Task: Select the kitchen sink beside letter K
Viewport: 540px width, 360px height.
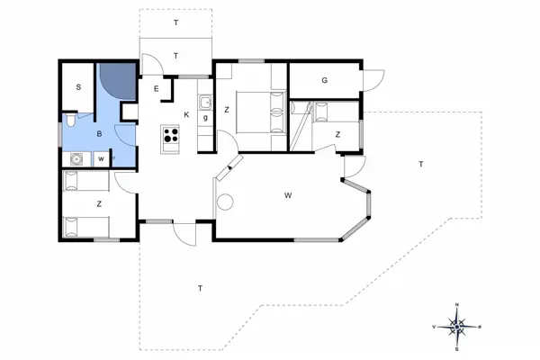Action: click(205, 101)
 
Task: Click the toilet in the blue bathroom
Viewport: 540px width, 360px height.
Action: click(70, 120)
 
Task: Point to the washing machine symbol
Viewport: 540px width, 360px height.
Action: click(77, 159)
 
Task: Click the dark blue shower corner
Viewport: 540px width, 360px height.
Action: click(116, 80)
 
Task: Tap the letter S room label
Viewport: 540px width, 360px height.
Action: click(79, 87)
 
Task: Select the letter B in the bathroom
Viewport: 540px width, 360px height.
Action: click(99, 134)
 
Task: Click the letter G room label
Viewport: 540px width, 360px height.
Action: click(324, 80)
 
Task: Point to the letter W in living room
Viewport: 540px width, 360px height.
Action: click(288, 194)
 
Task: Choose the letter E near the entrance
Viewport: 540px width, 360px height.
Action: click(157, 88)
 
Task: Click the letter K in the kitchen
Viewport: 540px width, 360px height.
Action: click(186, 114)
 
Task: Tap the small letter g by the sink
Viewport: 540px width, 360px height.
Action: click(205, 117)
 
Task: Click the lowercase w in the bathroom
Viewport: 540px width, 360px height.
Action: click(101, 159)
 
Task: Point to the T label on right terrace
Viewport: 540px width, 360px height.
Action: click(419, 163)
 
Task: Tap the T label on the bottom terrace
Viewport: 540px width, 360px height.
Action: click(199, 288)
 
